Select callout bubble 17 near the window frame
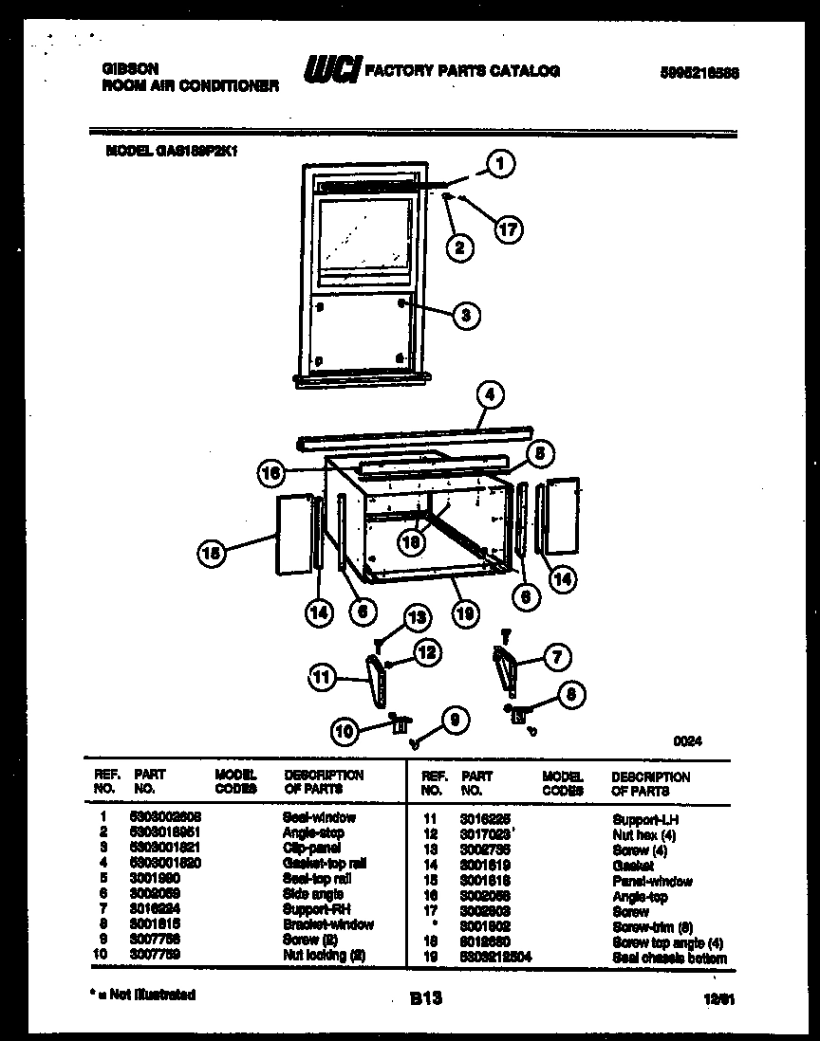[509, 228]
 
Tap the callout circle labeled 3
[465, 316]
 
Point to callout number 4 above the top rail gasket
[491, 396]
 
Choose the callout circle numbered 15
[214, 555]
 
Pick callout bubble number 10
[345, 730]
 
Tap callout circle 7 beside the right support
[557, 656]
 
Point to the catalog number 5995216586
[698, 71]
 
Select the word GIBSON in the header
[129, 68]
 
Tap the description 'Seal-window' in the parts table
[319, 816]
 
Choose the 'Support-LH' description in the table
[645, 818]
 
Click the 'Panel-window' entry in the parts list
[652, 881]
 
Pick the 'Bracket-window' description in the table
[328, 924]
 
